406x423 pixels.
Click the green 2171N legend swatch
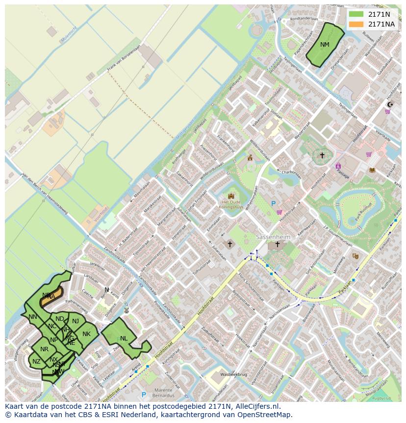pyautogui.click(x=356, y=14)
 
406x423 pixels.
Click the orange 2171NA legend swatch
pyautogui.click(x=356, y=24)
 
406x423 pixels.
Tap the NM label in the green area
pyautogui.click(x=325, y=45)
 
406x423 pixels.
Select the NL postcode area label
pyautogui.click(x=124, y=338)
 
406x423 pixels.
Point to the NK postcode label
pyautogui.click(x=86, y=334)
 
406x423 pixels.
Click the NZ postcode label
pyautogui.click(x=36, y=362)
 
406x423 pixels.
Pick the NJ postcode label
pyautogui.click(x=76, y=321)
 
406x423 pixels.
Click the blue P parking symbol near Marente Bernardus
pyautogui.click(x=144, y=395)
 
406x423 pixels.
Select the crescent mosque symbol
pyautogui.click(x=390, y=104)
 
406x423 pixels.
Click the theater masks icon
pyautogui.click(x=355, y=256)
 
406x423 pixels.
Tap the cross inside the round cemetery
pyautogui.click(x=322, y=156)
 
